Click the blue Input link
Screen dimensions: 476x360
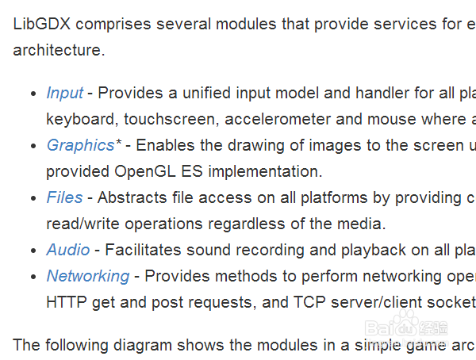tap(64, 93)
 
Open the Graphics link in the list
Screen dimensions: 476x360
tap(80, 145)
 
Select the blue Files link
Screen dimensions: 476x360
tap(64, 197)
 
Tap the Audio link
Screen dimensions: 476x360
tap(68, 250)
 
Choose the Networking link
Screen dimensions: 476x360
tap(87, 276)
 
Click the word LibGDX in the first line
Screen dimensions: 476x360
tap(42, 24)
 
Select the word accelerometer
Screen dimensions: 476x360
tap(285, 119)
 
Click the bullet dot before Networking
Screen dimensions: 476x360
tap(33, 277)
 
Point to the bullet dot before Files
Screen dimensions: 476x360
tap(33, 198)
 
